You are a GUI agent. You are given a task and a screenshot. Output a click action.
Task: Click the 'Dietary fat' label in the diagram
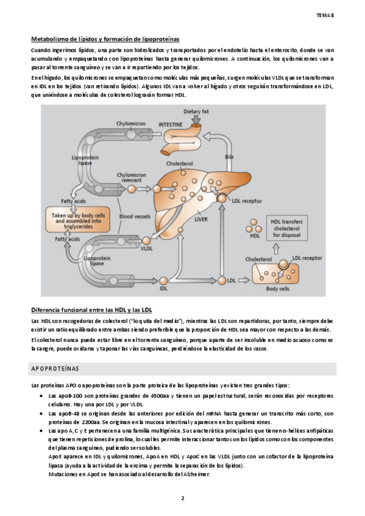click(196, 111)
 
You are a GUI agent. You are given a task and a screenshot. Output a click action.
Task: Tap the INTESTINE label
click(170, 125)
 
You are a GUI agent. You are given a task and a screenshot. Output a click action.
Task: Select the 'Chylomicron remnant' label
click(132, 178)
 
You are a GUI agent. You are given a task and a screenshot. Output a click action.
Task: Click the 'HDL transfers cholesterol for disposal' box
click(286, 228)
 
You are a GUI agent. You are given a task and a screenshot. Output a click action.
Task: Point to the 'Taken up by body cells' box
click(78, 220)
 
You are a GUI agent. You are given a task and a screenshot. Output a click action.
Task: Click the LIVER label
click(201, 219)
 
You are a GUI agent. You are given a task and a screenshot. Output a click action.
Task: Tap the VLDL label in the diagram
click(147, 248)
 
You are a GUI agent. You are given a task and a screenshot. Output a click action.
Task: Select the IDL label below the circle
click(163, 288)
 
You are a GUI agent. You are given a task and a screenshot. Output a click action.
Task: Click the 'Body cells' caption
click(278, 288)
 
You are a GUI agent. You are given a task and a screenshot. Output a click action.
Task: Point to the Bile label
click(229, 157)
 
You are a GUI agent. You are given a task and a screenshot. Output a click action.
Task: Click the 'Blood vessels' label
click(135, 216)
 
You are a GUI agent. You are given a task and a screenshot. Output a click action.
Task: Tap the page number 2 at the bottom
click(183, 498)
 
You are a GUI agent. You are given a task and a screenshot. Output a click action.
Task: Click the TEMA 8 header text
click(325, 15)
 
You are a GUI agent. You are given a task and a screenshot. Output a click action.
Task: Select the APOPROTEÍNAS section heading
click(55, 369)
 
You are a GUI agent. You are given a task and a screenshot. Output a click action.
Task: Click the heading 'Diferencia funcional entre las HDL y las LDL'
click(91, 310)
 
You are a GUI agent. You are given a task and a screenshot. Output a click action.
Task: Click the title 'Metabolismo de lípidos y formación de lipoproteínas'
click(105, 39)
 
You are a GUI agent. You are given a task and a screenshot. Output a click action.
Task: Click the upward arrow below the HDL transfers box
click(276, 248)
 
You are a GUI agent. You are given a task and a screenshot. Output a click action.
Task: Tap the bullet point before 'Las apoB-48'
click(41, 414)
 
